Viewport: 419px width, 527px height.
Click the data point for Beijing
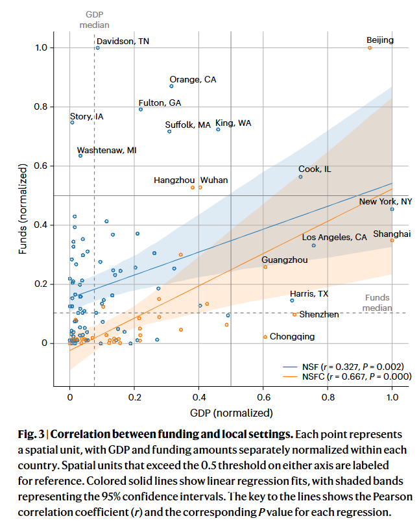point(370,47)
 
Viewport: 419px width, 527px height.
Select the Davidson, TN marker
point(97,47)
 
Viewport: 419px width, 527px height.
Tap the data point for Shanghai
point(392,240)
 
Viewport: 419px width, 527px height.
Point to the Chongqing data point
point(265,337)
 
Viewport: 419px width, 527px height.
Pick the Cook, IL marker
point(300,177)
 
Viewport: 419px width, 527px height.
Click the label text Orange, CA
point(193,79)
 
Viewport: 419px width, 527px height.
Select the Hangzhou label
point(174,180)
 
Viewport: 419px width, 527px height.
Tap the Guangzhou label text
point(285,260)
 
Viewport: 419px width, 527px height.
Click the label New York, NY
point(385,202)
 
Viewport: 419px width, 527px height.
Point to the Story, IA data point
point(72,122)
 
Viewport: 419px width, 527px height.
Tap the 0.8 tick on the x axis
point(328,398)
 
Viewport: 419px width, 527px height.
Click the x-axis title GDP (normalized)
point(230,413)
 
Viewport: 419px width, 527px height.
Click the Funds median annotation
point(377,302)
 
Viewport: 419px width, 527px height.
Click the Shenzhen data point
point(294,315)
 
